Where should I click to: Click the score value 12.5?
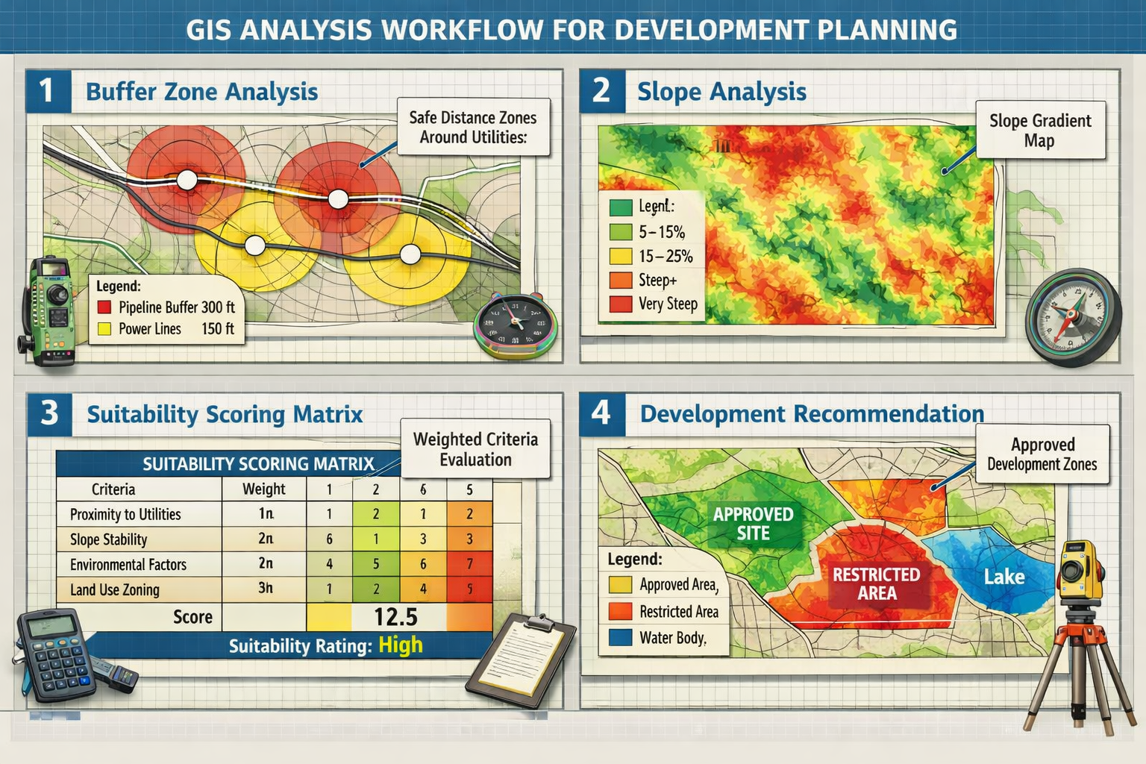point(395,617)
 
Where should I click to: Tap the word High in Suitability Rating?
point(401,645)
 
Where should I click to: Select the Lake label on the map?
point(1003,577)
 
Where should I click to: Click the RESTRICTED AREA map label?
point(876,583)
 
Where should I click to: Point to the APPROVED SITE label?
point(753,523)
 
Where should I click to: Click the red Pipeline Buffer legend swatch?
point(104,307)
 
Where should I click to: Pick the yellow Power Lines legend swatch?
point(104,328)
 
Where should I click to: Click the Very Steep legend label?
point(668,304)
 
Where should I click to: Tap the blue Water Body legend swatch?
point(620,638)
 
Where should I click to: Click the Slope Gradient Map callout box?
point(1040,130)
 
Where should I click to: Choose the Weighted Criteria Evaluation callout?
point(475,448)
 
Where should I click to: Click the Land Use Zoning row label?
point(115,589)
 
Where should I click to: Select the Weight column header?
point(263,489)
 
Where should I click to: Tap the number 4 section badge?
point(601,413)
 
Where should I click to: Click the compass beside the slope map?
point(1073,317)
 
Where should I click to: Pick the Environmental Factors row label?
point(128,564)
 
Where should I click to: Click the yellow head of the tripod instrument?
point(1080,571)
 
